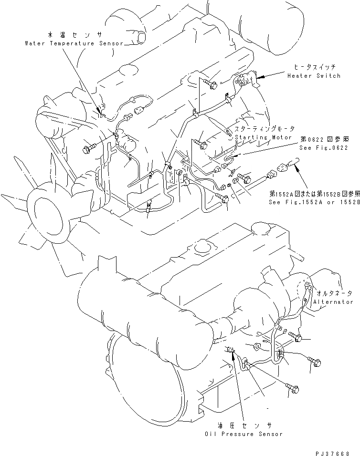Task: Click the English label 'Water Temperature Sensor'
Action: (74, 43)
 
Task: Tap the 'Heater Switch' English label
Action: (314, 76)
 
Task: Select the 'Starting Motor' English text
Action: (264, 137)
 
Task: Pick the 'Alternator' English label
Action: (333, 302)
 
